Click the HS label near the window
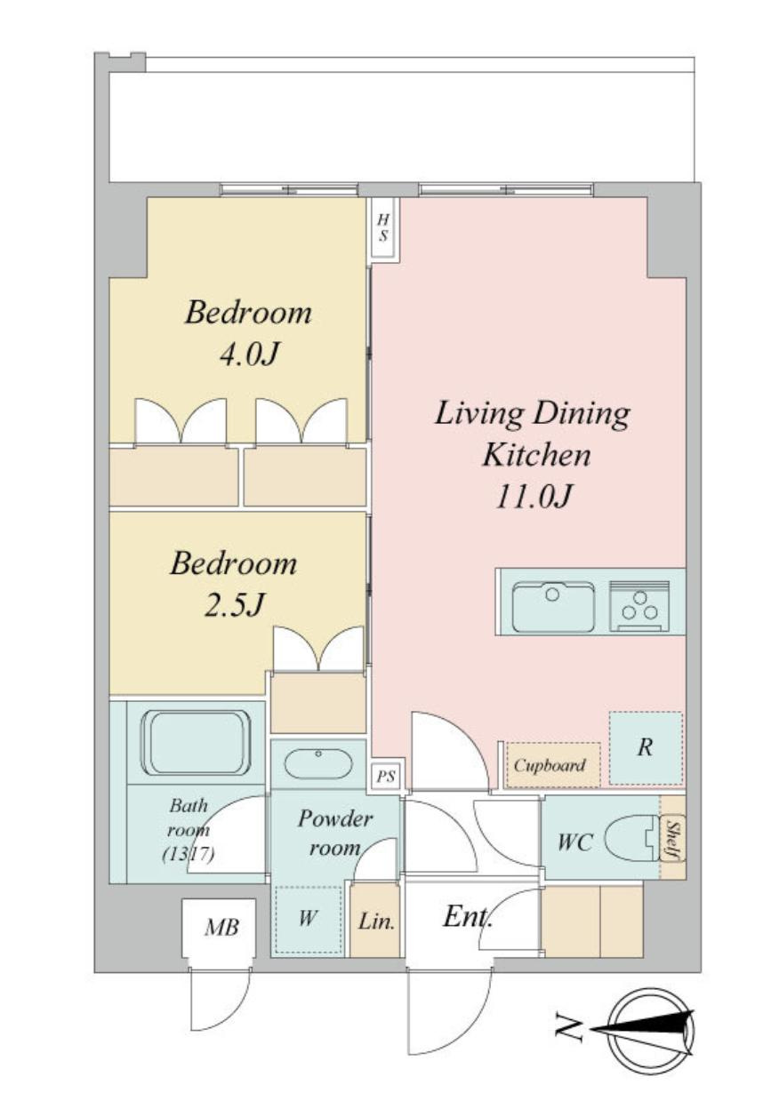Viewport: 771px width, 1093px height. tap(383, 228)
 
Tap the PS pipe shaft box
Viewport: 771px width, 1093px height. tap(386, 776)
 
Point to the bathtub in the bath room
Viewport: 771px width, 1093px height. tap(196, 742)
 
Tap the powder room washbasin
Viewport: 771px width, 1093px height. tap(318, 763)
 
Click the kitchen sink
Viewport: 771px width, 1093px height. tap(553, 607)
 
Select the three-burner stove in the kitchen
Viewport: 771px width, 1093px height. tap(639, 606)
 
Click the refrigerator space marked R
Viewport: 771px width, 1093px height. tap(645, 747)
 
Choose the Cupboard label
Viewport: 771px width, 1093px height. tap(550, 765)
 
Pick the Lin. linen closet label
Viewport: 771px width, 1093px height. tap(376, 921)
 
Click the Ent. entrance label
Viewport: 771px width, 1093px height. tap(467, 917)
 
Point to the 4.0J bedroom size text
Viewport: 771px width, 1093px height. tap(248, 355)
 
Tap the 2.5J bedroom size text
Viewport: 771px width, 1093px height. tap(235, 605)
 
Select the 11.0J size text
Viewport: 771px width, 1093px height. tap(534, 498)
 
